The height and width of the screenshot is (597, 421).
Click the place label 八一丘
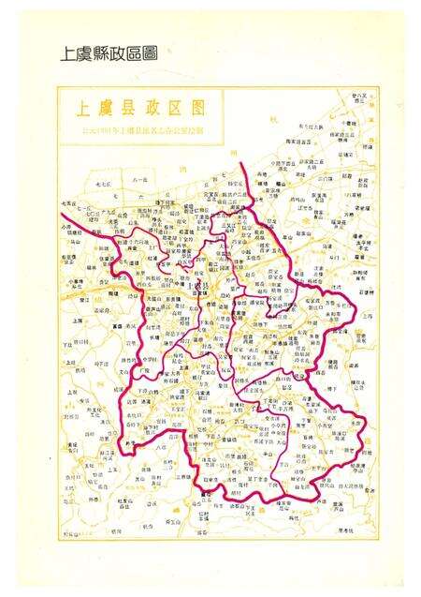pyautogui.click(x=139, y=178)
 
